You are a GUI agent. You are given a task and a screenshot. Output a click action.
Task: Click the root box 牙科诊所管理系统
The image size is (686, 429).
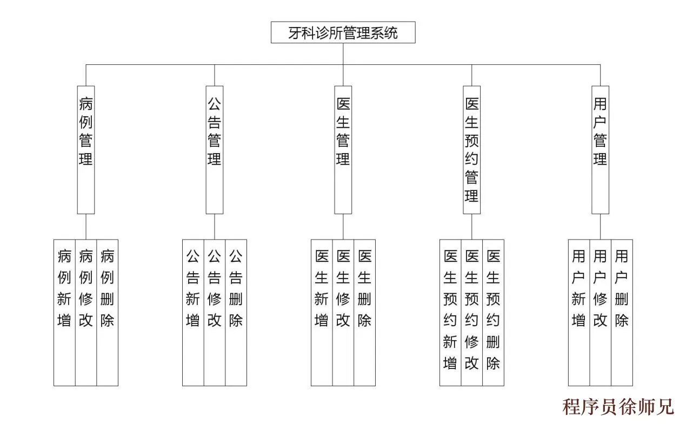pos(343,32)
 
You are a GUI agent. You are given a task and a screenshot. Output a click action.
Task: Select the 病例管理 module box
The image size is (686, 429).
pos(86,149)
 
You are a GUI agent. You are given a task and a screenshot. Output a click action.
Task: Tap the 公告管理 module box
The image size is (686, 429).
pos(215,149)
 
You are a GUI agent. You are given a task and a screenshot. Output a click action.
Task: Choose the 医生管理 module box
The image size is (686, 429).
pos(343,149)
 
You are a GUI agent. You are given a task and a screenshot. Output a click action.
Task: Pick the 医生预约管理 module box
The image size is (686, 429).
pos(472,149)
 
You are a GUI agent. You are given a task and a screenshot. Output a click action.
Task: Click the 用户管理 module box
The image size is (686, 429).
pos(600,149)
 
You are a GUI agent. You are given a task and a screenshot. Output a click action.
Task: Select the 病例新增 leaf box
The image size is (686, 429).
pos(64,312)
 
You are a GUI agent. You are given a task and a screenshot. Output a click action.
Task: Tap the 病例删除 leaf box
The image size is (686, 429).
pos(108,312)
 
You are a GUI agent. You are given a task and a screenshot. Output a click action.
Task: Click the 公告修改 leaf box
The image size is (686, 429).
pos(215,312)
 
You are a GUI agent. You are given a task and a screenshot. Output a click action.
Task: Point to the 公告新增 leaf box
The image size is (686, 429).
pos(193,312)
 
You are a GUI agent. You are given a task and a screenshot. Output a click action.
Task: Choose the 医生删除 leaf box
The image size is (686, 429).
pos(365,312)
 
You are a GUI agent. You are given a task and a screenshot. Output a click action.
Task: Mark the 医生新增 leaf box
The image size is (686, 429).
pos(322,312)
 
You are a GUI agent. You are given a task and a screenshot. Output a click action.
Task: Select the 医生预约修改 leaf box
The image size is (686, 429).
pos(472,312)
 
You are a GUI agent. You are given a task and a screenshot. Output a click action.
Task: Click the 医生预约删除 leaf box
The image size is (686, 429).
pos(494,312)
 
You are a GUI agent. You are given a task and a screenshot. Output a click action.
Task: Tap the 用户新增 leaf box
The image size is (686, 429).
pos(579,312)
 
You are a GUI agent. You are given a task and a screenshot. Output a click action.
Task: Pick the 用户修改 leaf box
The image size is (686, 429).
pos(600,312)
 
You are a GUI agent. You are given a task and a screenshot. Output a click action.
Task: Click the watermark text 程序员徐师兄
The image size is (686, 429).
pos(618,406)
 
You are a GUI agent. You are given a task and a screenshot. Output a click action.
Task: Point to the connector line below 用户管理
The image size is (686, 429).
pos(600,227)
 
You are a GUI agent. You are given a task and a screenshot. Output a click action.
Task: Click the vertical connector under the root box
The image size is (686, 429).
pos(343,54)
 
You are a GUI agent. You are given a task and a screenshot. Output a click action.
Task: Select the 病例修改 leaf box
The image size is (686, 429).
pos(86,312)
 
